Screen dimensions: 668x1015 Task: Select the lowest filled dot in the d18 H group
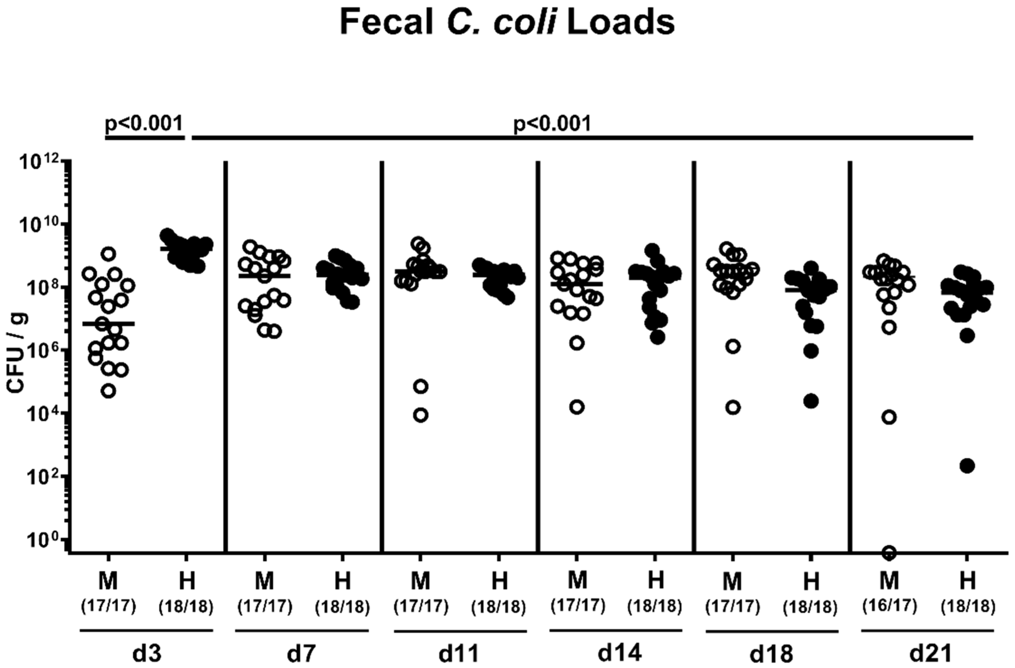(x=811, y=401)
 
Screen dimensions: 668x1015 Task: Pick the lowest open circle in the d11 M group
(x=421, y=415)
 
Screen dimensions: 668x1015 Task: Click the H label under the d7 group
(x=342, y=582)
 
